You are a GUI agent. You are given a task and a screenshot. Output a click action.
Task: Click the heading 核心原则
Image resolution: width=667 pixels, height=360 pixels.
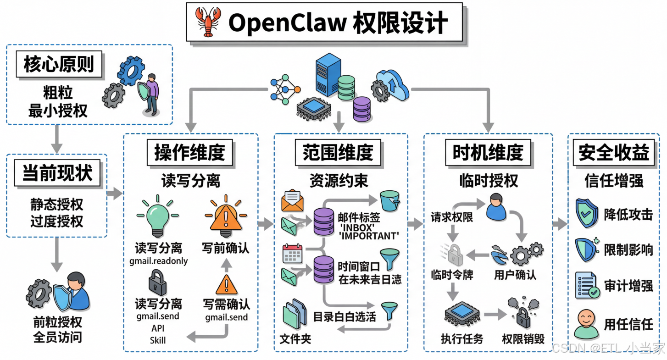59,65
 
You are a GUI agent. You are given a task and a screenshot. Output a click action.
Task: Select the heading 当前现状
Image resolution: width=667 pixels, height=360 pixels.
57,173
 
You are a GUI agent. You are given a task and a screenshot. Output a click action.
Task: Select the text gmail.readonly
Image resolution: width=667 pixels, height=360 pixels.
159,261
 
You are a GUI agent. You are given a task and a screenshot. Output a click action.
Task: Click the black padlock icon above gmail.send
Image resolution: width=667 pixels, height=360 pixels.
157,282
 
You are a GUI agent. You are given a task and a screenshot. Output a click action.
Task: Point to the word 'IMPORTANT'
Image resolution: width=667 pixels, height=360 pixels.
369,236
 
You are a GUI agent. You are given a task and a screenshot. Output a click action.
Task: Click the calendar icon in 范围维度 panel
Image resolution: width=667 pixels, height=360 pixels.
292,253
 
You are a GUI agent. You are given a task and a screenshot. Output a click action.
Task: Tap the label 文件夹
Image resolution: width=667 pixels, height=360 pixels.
295,339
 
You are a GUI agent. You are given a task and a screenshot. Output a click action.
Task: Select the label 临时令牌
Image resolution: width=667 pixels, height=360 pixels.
452,275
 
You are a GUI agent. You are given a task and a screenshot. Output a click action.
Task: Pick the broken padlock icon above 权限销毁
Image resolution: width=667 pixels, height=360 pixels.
522,312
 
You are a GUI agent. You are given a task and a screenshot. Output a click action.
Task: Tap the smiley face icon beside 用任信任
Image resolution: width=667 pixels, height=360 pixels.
586,323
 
